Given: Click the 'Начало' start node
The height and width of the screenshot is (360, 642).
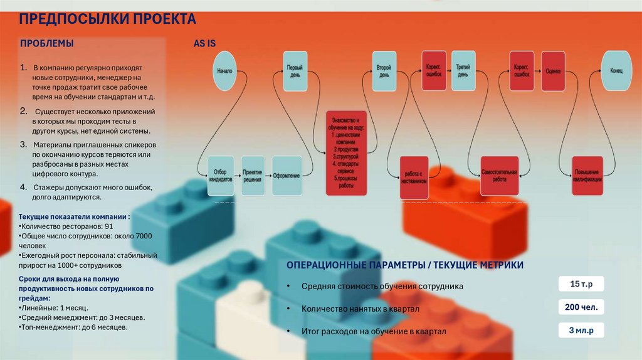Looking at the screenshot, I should pyautogui.click(x=224, y=71).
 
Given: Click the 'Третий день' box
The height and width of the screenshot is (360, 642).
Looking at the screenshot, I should pyautogui.click(x=463, y=70).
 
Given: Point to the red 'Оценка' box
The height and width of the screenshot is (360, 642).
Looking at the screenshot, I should pyautogui.click(x=553, y=71).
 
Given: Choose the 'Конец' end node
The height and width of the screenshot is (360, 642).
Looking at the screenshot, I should pyautogui.click(x=616, y=71).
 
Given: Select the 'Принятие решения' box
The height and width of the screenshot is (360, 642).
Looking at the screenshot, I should pyautogui.click(x=253, y=175).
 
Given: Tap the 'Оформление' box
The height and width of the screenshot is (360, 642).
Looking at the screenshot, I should pyautogui.click(x=286, y=175).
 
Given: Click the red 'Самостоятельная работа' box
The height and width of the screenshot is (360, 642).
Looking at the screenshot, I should pyautogui.click(x=499, y=175).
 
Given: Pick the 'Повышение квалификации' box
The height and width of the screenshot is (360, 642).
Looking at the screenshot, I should pyautogui.click(x=587, y=176).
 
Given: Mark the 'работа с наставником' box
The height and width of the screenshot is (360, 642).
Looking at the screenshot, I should pyautogui.click(x=415, y=176).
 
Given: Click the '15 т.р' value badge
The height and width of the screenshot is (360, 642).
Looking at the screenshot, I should pyautogui.click(x=581, y=285).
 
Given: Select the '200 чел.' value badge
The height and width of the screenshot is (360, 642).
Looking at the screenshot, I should pyautogui.click(x=581, y=307).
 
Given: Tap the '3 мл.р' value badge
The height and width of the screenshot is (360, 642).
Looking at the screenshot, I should pyautogui.click(x=581, y=330).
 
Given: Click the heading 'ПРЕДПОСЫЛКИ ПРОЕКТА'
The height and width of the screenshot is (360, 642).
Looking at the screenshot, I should pyautogui.click(x=107, y=19).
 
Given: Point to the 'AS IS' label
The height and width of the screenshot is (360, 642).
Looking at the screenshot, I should pyautogui.click(x=205, y=44).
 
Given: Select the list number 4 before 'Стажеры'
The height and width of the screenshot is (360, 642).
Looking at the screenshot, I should pyautogui.click(x=23, y=188).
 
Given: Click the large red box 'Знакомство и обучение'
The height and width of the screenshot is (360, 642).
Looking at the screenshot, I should pyautogui.click(x=345, y=153).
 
